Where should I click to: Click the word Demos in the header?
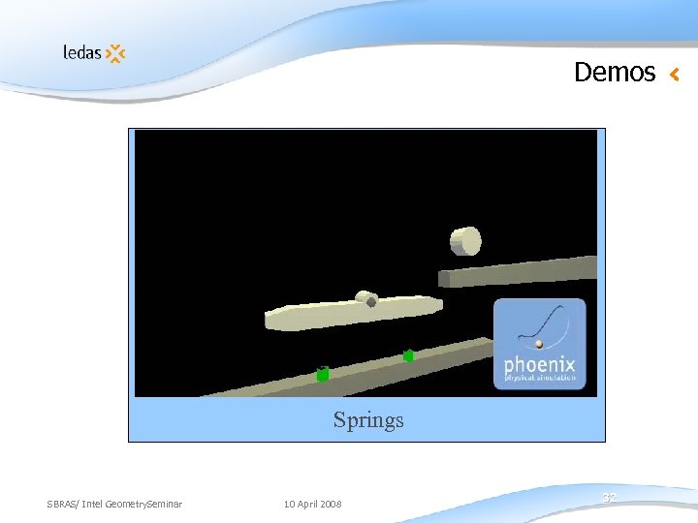(x=615, y=73)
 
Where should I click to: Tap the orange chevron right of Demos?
(x=675, y=74)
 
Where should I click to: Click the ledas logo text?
(x=82, y=52)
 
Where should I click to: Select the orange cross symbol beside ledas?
(x=115, y=53)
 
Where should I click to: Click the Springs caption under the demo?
(x=368, y=420)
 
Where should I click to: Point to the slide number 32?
(x=610, y=497)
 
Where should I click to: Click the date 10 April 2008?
(x=312, y=504)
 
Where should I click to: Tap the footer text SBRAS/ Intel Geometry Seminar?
(x=114, y=504)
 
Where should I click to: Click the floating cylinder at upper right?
(x=465, y=240)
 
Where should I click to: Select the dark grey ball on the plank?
(x=371, y=302)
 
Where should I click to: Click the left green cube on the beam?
(x=323, y=374)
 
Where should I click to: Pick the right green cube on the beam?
(x=409, y=355)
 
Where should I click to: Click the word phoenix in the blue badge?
(x=540, y=366)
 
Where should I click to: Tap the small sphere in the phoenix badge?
(x=539, y=343)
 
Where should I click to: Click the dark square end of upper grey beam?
(x=444, y=279)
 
